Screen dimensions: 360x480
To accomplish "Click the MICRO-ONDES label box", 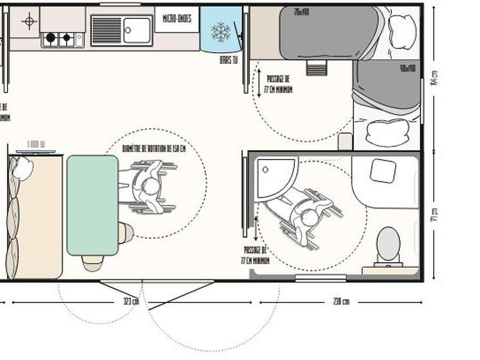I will tap(177, 19).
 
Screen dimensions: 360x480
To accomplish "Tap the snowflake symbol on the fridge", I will tap(220, 32).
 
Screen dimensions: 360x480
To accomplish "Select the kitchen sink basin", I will tap(137, 30).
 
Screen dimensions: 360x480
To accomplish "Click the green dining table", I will tap(92, 205).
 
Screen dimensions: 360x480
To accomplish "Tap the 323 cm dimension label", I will tap(131, 302).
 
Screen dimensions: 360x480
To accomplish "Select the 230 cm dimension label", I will tap(341, 302).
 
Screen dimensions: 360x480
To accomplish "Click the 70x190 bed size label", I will tap(301, 12).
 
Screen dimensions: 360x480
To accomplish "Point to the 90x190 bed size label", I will tap(407, 68).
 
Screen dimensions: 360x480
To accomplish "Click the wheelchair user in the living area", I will tap(147, 187).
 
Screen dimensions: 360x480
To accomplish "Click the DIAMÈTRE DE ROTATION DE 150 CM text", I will tap(154, 148).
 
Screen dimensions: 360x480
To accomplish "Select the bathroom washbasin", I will tap(383, 171).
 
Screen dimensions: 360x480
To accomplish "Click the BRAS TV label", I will tap(228, 60).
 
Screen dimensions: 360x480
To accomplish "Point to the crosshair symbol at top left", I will tap(29, 21).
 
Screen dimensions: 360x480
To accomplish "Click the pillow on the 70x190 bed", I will tap(403, 30).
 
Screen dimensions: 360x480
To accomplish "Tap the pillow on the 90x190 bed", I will tap(387, 132).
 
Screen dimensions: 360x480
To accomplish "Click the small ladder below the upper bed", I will tap(316, 68).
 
